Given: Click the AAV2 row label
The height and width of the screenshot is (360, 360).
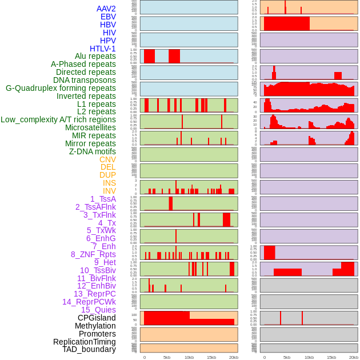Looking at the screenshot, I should coord(106,9).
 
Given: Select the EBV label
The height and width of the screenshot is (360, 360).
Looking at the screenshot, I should coord(108,17).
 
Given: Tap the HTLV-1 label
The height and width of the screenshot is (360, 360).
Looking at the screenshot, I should coord(103,49).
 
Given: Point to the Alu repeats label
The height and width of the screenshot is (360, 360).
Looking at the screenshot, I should coord(95,56).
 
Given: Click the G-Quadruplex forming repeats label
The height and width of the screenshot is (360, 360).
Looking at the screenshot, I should coord(61,88).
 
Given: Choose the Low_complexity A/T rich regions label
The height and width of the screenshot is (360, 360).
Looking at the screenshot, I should coord(58,119).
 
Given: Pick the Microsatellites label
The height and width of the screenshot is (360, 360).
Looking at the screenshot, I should coord(90,127).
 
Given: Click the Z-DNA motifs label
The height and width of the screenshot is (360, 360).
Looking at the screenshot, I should coord(93,151).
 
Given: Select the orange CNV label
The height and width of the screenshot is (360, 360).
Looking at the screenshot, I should coord(107,159).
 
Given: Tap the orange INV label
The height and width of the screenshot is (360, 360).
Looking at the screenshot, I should coord(109,191).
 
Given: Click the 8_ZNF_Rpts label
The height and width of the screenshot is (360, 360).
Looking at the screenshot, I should coord(93,254).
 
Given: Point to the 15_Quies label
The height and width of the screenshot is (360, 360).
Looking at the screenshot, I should coord(98,310).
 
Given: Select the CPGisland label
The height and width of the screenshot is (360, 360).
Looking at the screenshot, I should coord(97,318).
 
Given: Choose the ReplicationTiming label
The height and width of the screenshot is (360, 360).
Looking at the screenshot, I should coord(85,342).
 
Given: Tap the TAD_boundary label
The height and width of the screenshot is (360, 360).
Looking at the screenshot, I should coord(89,349).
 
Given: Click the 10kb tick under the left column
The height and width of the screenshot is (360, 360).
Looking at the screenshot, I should coord(189,357).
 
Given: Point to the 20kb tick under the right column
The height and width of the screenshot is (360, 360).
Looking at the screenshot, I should coord(354,357).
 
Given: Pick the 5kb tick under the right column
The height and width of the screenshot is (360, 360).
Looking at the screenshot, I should coord(287,357).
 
